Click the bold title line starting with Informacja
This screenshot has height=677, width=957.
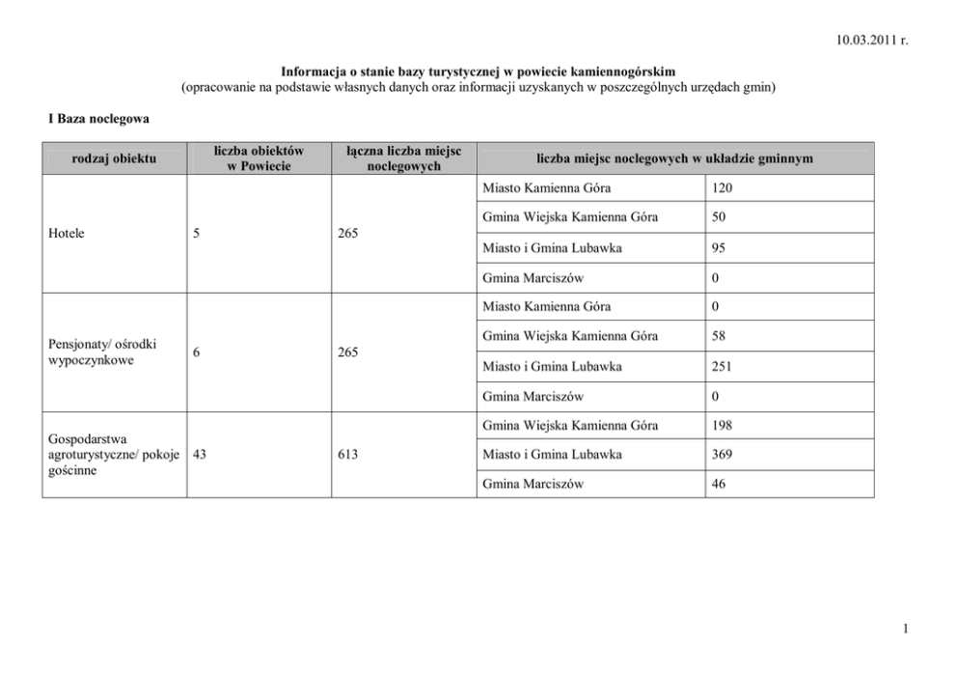click(478, 72)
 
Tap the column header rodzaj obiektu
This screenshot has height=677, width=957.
click(114, 157)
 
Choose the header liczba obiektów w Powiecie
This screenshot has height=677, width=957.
click(260, 157)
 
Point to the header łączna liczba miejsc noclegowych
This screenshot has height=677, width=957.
click(403, 157)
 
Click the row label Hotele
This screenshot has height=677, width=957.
click(66, 233)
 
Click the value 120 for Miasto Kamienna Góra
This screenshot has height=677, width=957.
click(722, 187)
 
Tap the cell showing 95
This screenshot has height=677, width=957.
click(719, 247)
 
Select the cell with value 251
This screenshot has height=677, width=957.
click(722, 366)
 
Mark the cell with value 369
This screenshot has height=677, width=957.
click(722, 454)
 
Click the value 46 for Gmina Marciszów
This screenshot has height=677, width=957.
click(719, 484)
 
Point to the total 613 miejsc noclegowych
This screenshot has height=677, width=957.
click(348, 454)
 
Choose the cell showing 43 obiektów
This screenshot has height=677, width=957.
click(201, 454)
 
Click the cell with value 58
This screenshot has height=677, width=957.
click(719, 336)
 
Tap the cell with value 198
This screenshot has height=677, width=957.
click(722, 425)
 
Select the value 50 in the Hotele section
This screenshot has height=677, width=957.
click(719, 217)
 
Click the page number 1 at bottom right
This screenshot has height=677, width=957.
click(907, 630)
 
